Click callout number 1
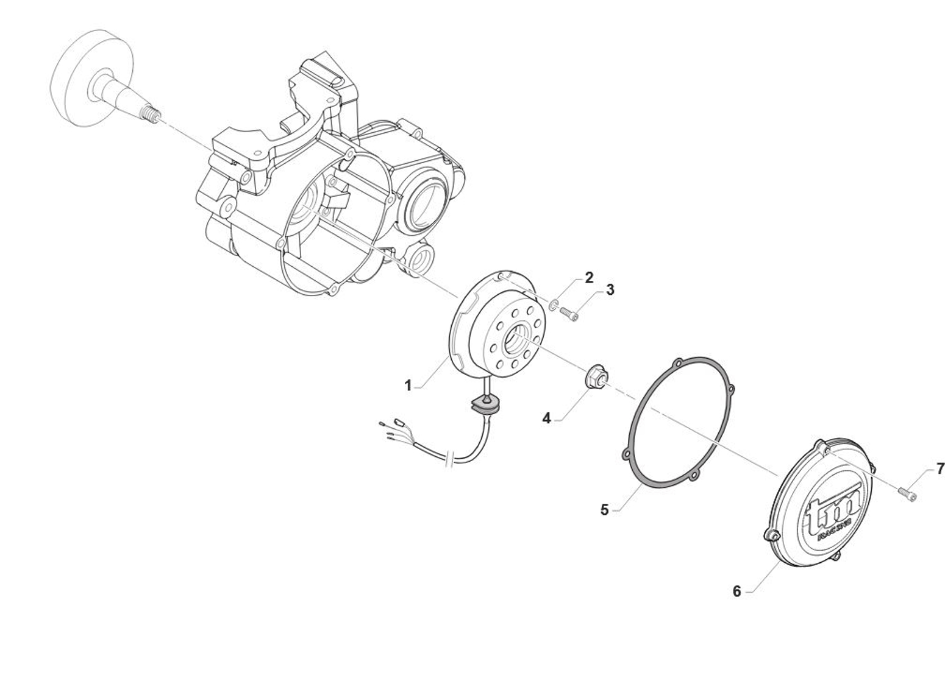click(x=408, y=385)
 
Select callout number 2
click(x=589, y=277)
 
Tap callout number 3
click(x=610, y=290)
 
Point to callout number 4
click(x=547, y=418)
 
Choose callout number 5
click(x=605, y=510)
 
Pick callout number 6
click(x=736, y=591)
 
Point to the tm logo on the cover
click(x=832, y=516)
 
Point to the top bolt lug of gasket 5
click(x=679, y=362)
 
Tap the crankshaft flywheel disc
click(x=91, y=78)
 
